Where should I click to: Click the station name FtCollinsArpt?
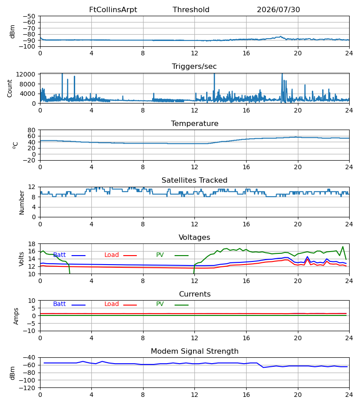pos(113,10)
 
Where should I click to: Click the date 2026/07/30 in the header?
pos(279,10)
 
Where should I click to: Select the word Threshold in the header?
pos(191,10)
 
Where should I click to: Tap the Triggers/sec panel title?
pos(194,67)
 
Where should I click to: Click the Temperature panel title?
pos(194,123)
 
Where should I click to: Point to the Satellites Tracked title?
pos(194,180)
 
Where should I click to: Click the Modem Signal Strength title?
pos(194,351)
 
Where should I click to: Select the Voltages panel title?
pos(194,237)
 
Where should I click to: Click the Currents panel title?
pos(195,294)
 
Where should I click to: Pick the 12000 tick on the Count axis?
pos(26,74)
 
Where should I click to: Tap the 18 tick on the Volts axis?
pos(31,244)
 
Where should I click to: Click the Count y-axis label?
pos(9,88)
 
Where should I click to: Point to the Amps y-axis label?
pos(16,316)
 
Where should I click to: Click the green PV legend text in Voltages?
pos(160,255)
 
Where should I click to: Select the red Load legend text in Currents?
pos(112,304)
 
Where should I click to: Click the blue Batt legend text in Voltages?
pos(59,255)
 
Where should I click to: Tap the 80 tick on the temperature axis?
pos(31,130)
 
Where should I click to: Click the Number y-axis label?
pos(22,202)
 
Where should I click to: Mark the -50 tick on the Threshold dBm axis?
pos(29,16)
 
